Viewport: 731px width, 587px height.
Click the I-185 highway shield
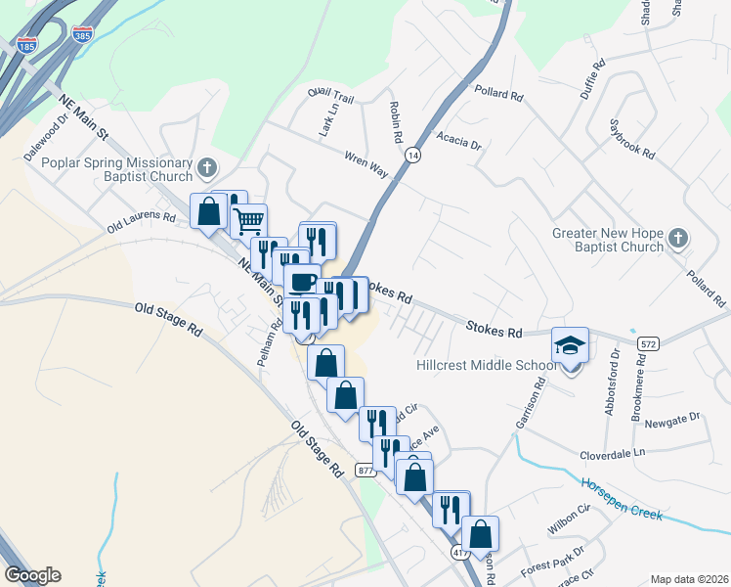tap(27, 44)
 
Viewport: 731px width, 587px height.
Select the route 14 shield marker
tap(414, 156)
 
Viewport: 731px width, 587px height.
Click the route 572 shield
tap(647, 344)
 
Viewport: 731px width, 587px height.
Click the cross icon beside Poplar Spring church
tap(205, 168)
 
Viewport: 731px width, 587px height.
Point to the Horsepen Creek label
tap(622, 499)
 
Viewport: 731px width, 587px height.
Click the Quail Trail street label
tap(329, 96)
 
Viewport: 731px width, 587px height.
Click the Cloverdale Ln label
tap(613, 453)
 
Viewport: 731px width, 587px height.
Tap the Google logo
tap(32, 575)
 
